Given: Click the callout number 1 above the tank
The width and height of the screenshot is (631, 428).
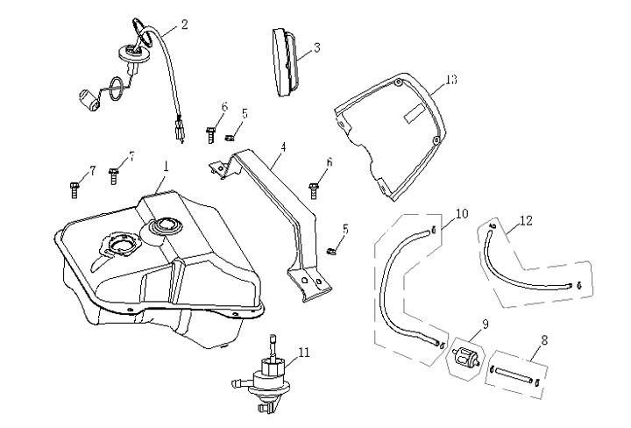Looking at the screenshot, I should coord(165,165).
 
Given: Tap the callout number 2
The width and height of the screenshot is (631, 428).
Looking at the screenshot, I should coord(184,25).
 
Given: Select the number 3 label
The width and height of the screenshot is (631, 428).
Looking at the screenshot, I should coord(315,48).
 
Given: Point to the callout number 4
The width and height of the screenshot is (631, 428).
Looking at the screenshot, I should coord(282,148).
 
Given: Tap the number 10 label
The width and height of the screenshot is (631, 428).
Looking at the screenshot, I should coord(463,213).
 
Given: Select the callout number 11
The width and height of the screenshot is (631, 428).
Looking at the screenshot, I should coord(304,353).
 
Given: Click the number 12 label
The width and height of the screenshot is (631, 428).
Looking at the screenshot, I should coord(527,221).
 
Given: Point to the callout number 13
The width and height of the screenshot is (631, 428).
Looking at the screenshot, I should coord(450,80).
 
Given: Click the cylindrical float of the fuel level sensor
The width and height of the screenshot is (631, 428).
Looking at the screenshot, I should coord(89,98).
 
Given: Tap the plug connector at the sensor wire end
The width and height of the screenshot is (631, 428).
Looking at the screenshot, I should coord(181,131).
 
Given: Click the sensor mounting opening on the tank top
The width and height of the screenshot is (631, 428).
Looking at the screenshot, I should coord(117,242).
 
